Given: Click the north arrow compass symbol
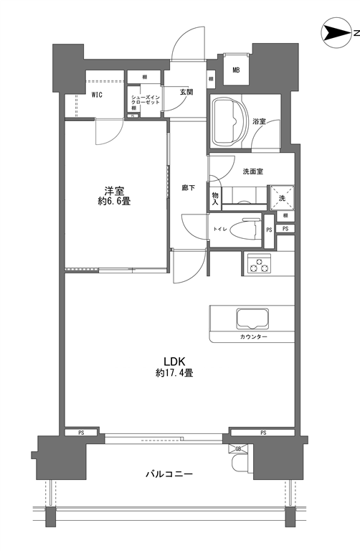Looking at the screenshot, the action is [x=336, y=33].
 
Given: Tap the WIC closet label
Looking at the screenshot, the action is [x=97, y=95].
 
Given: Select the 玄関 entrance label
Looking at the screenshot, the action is [x=186, y=92].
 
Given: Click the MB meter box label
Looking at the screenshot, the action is [x=236, y=70].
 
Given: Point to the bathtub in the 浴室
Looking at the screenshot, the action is [x=229, y=121].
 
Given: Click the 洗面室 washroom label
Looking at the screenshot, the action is [x=253, y=171].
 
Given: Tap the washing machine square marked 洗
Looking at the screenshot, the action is [x=282, y=198].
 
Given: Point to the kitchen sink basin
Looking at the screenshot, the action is [x=252, y=319].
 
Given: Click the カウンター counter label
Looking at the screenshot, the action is [x=254, y=337].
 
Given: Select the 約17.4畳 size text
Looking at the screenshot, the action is [x=174, y=373].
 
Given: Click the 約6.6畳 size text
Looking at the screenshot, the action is [x=115, y=202].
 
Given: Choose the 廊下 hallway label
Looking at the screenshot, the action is [x=189, y=188].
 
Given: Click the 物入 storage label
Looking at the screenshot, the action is [x=215, y=199].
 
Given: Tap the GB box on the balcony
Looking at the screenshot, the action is [x=238, y=448].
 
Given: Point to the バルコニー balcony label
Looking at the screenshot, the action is [x=169, y=474].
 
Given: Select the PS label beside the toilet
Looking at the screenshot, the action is [x=269, y=230].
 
